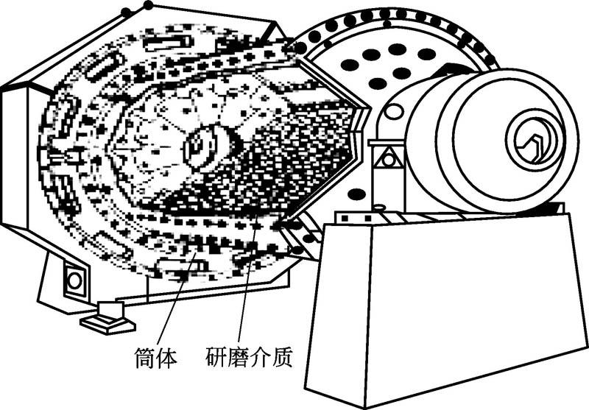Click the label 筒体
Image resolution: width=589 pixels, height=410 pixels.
pos(156,358)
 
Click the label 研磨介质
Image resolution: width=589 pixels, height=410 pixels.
pos(250,358)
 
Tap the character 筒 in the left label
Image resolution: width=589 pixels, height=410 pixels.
pos(145,358)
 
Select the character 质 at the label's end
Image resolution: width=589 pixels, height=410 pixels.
pos(283,358)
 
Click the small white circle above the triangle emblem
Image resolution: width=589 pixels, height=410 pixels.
pos(395,112)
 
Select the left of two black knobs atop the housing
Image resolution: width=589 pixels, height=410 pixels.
pos(127,12)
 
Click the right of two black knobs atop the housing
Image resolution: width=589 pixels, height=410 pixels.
pos(148,6)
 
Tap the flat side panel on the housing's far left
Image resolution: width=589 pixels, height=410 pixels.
pos(15,158)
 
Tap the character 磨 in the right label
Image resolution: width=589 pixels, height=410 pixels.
pos(239,358)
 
